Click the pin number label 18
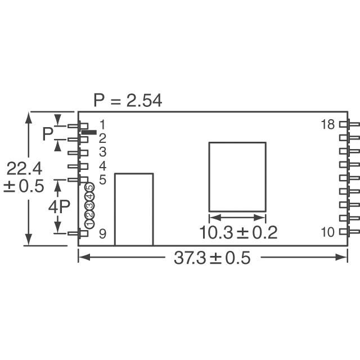327,125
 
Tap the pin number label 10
327,232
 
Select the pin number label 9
102,234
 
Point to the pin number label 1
102,125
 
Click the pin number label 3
102,152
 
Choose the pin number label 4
102,166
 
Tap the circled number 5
90,187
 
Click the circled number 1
89,223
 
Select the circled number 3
89,205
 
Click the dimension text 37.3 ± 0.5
212,258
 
